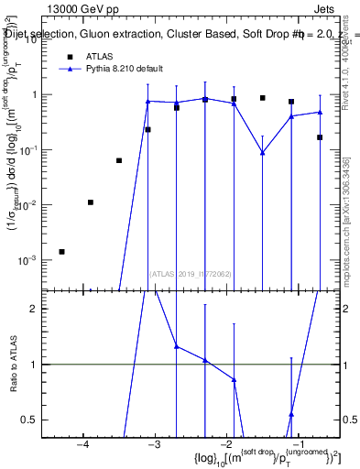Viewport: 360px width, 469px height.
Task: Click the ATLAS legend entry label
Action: [100, 56]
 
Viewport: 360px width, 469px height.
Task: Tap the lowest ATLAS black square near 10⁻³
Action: [61, 251]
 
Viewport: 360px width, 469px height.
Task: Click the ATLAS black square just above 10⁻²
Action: [90, 202]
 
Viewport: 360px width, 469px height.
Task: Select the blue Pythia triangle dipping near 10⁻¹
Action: [263, 153]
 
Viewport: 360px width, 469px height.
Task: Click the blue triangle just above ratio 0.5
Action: [291, 415]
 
